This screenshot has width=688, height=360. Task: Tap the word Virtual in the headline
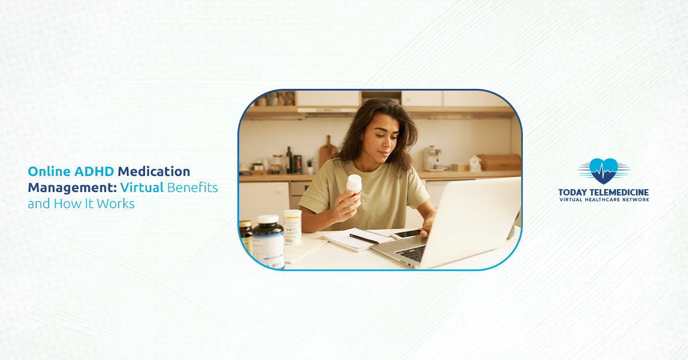[142, 187]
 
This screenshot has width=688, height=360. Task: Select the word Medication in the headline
[154, 171]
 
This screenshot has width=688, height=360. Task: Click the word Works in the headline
[119, 204]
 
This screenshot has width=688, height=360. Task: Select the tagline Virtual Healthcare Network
[604, 199]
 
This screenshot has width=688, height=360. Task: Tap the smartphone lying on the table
[406, 233]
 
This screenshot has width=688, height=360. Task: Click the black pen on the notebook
[364, 239]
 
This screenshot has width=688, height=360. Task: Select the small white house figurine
[475, 163]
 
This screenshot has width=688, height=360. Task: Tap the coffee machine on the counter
[431, 158]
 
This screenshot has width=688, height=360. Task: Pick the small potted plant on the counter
[310, 166]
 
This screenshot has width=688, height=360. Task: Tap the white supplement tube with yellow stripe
[292, 227]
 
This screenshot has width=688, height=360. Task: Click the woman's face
[380, 135]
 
